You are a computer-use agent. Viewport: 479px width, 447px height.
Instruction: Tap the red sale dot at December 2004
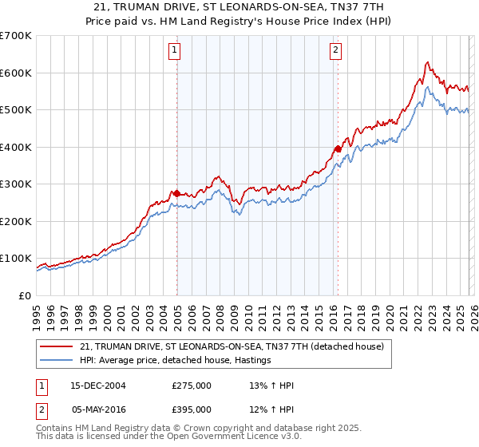176,193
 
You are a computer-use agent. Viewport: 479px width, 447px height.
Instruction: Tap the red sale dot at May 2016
338,148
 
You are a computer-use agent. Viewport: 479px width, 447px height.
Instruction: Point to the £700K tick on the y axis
16,36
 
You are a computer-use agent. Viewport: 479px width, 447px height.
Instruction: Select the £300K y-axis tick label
16,184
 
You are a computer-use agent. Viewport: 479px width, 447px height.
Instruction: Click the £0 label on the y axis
26,295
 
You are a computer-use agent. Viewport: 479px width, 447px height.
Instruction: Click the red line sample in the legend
57,346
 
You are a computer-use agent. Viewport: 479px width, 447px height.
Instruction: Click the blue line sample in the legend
57,361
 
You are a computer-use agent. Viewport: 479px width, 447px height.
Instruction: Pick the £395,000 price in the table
192,409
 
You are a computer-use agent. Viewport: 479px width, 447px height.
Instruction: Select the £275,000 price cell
192,386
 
